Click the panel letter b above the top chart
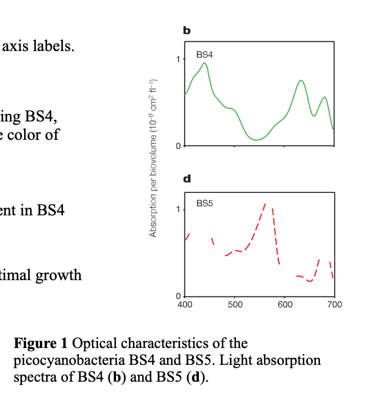(x=187, y=31)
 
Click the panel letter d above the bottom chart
(x=187, y=179)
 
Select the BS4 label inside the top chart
(x=204, y=54)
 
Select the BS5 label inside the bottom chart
(x=204, y=203)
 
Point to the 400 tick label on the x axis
(x=185, y=305)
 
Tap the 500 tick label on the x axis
(x=235, y=305)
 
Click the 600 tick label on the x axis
(x=285, y=305)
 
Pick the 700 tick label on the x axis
(x=334, y=305)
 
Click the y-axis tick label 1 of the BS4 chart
(x=178, y=59)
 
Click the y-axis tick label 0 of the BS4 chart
(x=178, y=146)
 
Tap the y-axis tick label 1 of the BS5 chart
(x=178, y=209)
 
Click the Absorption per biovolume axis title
(x=152, y=158)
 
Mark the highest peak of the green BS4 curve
(x=204, y=63)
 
